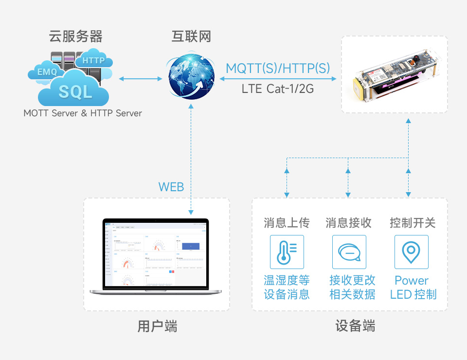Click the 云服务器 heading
[x=76, y=36]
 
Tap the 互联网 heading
[x=191, y=36]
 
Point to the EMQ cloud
[x=47, y=72]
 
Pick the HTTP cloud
[x=94, y=60]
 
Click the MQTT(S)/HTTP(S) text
[x=278, y=68]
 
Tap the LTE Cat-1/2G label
[x=278, y=89]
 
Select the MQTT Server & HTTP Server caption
[x=83, y=113]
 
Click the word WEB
[x=171, y=187]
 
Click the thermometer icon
[x=287, y=252]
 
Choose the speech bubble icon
[x=349, y=252]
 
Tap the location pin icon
[x=411, y=252]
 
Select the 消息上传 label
[x=287, y=223]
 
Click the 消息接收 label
[x=349, y=223]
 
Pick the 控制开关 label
[x=412, y=223]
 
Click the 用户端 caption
[x=157, y=326]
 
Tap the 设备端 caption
[x=355, y=326]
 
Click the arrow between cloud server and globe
[x=140, y=78]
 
